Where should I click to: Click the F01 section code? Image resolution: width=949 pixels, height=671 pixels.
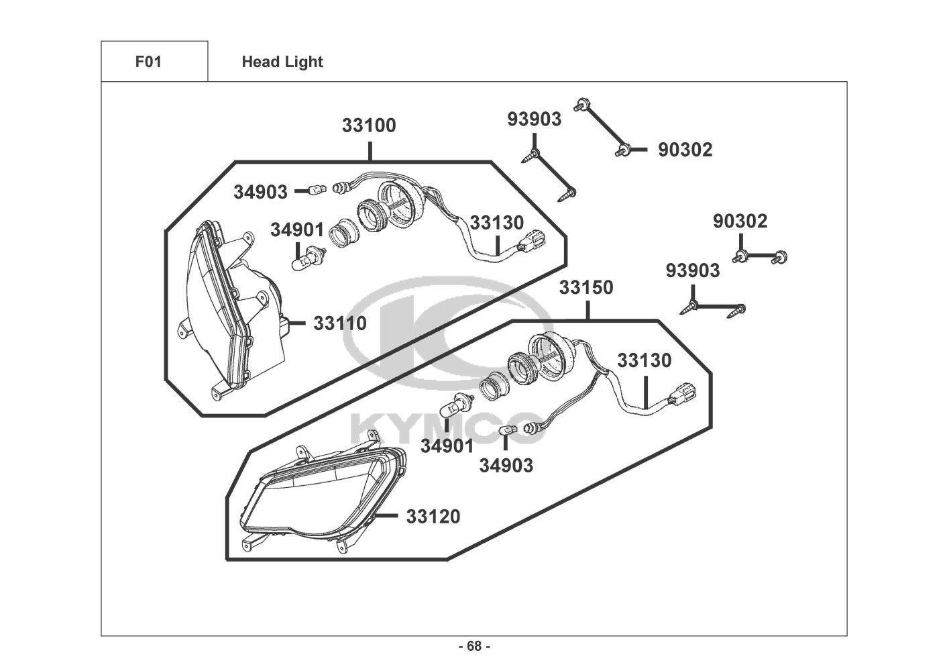click(148, 62)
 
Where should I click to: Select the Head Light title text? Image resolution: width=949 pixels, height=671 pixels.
click(282, 62)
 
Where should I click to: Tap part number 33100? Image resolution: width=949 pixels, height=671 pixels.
click(369, 125)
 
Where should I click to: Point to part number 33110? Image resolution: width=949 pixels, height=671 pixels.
click(340, 323)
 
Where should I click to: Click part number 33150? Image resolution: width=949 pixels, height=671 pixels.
click(586, 287)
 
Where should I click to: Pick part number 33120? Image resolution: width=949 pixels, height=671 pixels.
click(433, 516)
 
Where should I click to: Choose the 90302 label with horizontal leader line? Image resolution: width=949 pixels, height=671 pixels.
click(685, 150)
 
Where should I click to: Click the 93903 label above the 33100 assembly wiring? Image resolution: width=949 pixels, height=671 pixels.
click(535, 119)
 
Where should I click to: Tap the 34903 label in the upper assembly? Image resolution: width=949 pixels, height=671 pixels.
click(260, 192)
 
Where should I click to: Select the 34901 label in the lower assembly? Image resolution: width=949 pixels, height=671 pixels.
click(447, 446)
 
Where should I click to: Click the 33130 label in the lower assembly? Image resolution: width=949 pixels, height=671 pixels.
click(644, 360)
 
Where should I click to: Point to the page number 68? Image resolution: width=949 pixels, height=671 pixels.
click(475, 646)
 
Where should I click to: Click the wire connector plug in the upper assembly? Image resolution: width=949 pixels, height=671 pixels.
click(531, 241)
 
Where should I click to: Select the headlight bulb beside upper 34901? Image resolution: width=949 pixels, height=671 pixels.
click(309, 258)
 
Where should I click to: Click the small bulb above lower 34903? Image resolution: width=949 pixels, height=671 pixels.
click(508, 431)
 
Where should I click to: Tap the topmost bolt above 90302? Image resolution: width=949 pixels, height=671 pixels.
click(581, 104)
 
